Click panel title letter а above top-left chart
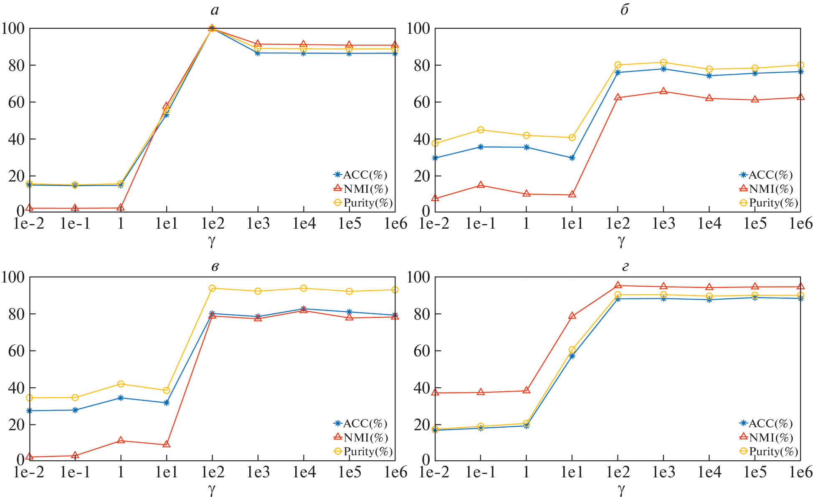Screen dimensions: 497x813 [x=215, y=10]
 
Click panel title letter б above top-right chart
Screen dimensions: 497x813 [x=624, y=10]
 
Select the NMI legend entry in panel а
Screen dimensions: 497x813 [x=362, y=189]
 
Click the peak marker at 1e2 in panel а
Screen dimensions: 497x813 [x=212, y=28]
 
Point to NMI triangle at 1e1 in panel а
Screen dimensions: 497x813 [x=167, y=106]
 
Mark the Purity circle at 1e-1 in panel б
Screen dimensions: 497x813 [x=481, y=130]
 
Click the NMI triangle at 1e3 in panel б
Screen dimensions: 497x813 [x=664, y=91]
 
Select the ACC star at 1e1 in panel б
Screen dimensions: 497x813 [x=572, y=158]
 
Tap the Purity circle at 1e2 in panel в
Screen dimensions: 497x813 [x=212, y=288]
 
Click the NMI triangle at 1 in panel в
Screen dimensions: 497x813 [x=121, y=440]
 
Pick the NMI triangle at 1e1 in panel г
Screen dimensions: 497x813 [x=572, y=316]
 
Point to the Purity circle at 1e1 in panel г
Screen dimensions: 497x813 [x=572, y=350]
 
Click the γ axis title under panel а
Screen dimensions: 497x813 [x=212, y=241]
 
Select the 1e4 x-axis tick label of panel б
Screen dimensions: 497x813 [x=709, y=224]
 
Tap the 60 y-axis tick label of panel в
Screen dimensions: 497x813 [x=16, y=351]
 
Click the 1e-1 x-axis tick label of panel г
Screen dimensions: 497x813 [x=480, y=472]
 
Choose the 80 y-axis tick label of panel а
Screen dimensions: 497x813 [x=16, y=66]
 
